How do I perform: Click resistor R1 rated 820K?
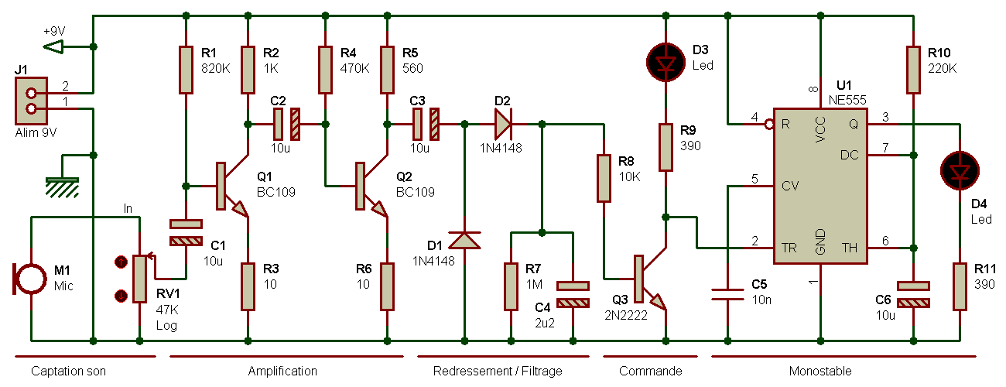tap(186, 70)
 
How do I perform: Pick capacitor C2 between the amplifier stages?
tap(286, 124)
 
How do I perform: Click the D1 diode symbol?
tap(464, 240)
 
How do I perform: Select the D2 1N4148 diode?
tap(502, 124)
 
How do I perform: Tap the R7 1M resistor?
tap(511, 286)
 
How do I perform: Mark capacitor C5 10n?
tap(727, 293)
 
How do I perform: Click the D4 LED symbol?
tap(960, 169)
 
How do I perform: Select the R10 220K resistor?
tap(913, 70)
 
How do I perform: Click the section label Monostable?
tap(820, 372)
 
